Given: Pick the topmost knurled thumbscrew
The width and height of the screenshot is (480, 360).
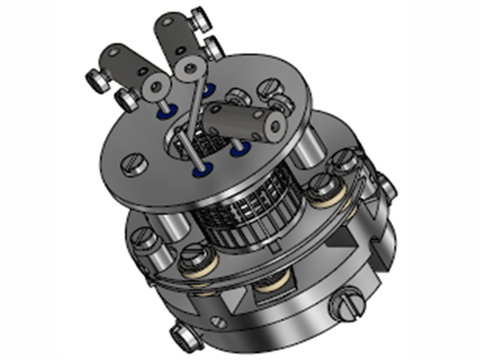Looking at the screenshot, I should (201, 20).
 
